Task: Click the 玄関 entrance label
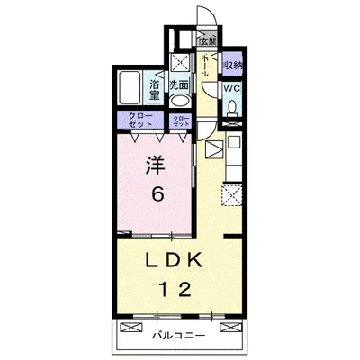click(x=208, y=41)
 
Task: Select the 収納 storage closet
click(x=233, y=66)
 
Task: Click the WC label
click(x=231, y=89)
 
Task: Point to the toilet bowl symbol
click(x=232, y=107)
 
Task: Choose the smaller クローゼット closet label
click(x=180, y=121)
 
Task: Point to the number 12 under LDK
click(x=175, y=290)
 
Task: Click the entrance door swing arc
click(x=205, y=19)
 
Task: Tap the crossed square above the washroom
click(x=179, y=62)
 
